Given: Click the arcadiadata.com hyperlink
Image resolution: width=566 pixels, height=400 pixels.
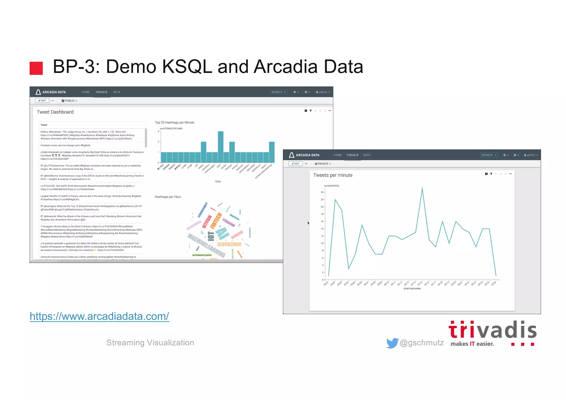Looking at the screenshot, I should click(x=99, y=316).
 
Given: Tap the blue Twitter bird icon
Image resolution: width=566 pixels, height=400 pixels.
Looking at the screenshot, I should click(x=392, y=343).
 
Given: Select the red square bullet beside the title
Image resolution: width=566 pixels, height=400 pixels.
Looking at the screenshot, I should click(x=36, y=68).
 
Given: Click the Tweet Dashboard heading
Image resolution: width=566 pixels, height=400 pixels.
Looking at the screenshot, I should click(x=55, y=112).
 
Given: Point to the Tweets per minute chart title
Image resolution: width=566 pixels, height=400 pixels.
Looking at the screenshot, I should click(x=333, y=175).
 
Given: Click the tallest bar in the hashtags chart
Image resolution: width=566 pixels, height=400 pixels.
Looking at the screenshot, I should click(x=221, y=147).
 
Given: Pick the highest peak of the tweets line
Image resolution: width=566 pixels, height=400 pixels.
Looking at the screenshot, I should click(x=422, y=188).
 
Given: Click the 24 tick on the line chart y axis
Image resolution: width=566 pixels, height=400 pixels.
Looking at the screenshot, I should click(x=322, y=192).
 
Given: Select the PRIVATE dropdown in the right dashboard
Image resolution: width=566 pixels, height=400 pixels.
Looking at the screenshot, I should click(x=323, y=164).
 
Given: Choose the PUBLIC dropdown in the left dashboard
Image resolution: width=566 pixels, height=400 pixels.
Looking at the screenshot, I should click(x=69, y=101).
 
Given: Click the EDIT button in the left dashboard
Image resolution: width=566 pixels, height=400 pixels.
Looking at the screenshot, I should click(x=42, y=101).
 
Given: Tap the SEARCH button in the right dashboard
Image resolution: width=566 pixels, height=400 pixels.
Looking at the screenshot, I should click(x=489, y=155).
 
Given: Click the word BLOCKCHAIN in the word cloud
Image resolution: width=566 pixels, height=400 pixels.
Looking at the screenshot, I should click(x=229, y=244).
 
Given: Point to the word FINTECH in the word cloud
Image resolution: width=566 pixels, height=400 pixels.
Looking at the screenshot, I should click(x=216, y=221).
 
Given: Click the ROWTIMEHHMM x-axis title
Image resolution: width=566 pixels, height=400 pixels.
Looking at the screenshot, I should click(x=412, y=289).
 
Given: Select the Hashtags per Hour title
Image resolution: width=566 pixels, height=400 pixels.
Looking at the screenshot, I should click(x=168, y=197).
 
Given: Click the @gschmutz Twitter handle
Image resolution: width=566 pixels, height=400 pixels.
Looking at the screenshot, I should click(x=421, y=343).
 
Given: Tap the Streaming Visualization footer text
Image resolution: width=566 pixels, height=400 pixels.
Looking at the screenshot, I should click(x=150, y=343).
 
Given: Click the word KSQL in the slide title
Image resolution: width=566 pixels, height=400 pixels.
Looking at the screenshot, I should click(x=187, y=67).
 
